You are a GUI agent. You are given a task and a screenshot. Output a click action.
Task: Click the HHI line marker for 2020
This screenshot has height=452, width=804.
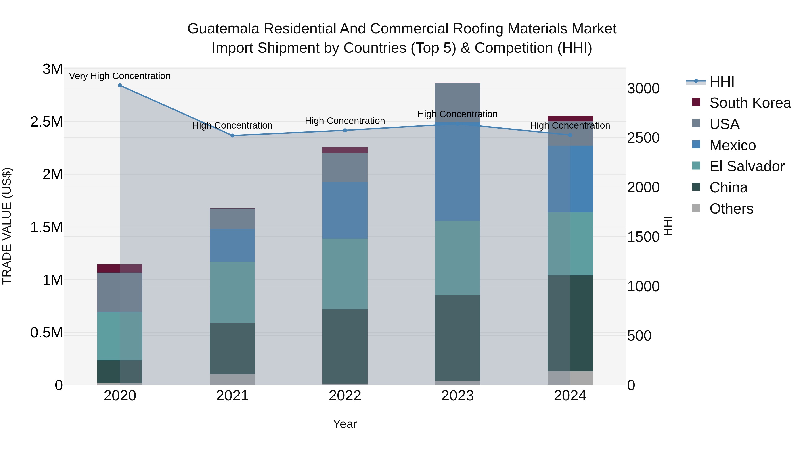[120, 85]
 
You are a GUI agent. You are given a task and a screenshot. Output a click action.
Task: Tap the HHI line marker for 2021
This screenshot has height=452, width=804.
[232, 136]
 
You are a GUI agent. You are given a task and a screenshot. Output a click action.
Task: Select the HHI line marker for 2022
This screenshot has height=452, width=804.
[345, 130]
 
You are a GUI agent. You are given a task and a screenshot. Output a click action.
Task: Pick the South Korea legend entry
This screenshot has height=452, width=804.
[750, 103]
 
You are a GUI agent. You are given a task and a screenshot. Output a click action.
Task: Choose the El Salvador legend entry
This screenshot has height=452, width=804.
[747, 166]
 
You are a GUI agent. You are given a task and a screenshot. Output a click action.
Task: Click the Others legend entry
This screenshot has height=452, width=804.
[731, 209]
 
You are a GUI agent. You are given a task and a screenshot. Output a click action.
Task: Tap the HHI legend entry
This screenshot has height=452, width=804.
[722, 82]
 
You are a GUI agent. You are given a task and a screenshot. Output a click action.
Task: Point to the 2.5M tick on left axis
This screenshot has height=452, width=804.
[46, 122]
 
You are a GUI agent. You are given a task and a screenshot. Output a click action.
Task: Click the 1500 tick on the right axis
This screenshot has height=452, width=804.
[643, 237]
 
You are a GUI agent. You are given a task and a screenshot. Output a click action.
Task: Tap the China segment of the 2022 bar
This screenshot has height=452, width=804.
[345, 346]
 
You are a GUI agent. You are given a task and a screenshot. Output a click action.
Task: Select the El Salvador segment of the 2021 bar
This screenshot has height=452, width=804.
[232, 292]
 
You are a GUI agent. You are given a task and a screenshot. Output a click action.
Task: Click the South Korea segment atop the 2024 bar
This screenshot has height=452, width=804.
[570, 119]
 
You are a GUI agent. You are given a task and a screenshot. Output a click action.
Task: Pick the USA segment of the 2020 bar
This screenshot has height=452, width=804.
[120, 292]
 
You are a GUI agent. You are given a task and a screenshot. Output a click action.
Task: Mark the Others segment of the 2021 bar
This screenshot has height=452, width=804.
[232, 379]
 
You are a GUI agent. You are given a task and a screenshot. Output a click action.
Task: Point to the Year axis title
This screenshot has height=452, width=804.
[345, 424]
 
